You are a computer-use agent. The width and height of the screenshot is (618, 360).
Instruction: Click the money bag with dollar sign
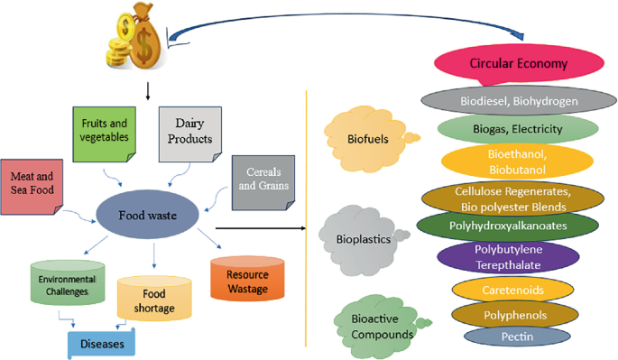tap(143, 37)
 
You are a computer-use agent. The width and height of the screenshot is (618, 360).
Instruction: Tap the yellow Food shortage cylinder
tap(154, 299)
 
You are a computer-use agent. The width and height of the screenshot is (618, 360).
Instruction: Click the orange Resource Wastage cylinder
tap(245, 280)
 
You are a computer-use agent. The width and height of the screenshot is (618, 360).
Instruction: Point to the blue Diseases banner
tap(101, 343)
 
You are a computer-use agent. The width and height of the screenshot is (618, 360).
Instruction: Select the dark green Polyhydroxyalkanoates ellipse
tap(507, 225)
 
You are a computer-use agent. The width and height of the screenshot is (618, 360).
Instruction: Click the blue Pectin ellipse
tap(517, 337)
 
